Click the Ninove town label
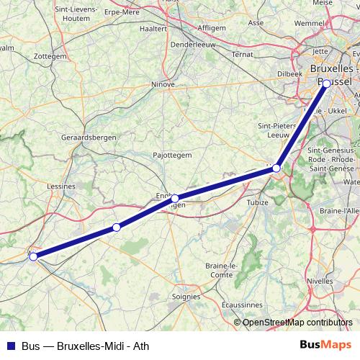pyautogui.click(x=163, y=84)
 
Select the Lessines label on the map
pyautogui.click(x=61, y=186)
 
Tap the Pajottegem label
pyautogui.click(x=172, y=155)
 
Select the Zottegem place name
pyautogui.click(x=50, y=55)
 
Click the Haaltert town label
pyautogui.click(x=153, y=30)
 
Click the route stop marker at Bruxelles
pyautogui.click(x=326, y=84)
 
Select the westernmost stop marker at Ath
pyautogui.click(x=33, y=256)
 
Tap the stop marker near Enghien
pyautogui.click(x=175, y=198)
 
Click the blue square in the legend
pyautogui.click(x=9, y=346)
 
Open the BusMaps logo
pyautogui.click(x=325, y=345)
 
